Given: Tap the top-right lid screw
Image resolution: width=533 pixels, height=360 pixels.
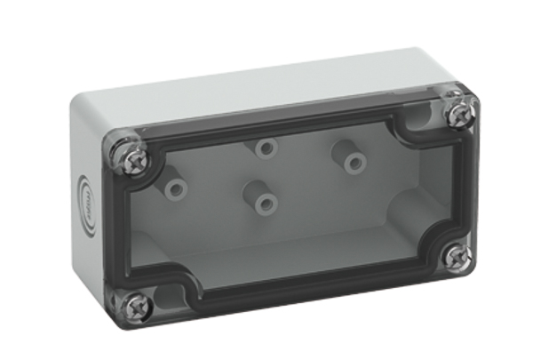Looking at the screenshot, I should (x=459, y=113).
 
